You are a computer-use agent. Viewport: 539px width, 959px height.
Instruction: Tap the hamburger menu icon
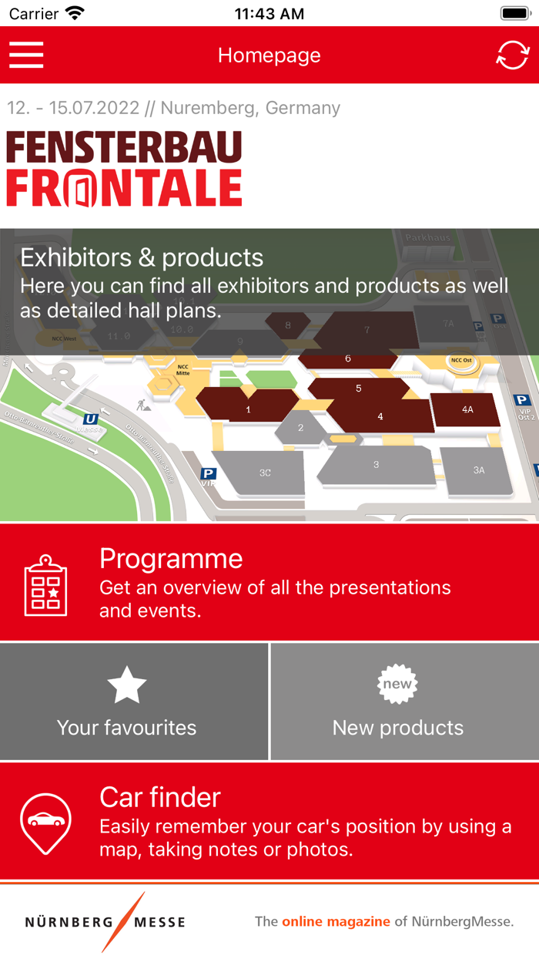[x=26, y=55]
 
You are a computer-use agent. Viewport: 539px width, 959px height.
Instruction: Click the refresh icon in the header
[x=513, y=55]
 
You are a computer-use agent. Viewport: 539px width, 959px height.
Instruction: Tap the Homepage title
[x=269, y=56]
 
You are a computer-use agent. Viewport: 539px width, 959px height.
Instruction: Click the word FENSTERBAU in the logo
[x=124, y=147]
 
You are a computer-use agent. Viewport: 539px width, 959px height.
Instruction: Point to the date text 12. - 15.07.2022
[x=73, y=108]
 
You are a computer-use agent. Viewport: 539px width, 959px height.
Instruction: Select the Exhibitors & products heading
[x=142, y=257]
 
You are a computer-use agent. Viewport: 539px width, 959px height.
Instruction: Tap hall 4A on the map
[x=467, y=409]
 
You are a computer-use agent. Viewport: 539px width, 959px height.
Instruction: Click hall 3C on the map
[x=264, y=472]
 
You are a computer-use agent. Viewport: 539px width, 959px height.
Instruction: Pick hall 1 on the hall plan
[x=248, y=409]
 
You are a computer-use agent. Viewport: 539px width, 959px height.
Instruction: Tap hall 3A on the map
[x=478, y=469]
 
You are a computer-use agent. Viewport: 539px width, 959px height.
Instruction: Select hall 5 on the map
[x=359, y=389]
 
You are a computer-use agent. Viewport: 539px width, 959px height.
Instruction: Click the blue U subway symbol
[x=91, y=419]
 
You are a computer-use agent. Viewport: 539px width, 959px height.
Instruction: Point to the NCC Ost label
[x=461, y=360]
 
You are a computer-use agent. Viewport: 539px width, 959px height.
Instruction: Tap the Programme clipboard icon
[x=45, y=585]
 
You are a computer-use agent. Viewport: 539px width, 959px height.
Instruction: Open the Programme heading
[x=171, y=559]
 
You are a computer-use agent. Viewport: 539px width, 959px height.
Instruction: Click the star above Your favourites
[x=126, y=685]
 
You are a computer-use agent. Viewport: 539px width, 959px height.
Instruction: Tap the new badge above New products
[x=397, y=685]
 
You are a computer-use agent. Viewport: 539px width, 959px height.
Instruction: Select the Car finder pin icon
[x=45, y=823]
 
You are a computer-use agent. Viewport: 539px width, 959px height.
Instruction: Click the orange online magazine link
[x=336, y=921]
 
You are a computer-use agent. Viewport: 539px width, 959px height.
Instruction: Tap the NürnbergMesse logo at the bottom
[x=105, y=922]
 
